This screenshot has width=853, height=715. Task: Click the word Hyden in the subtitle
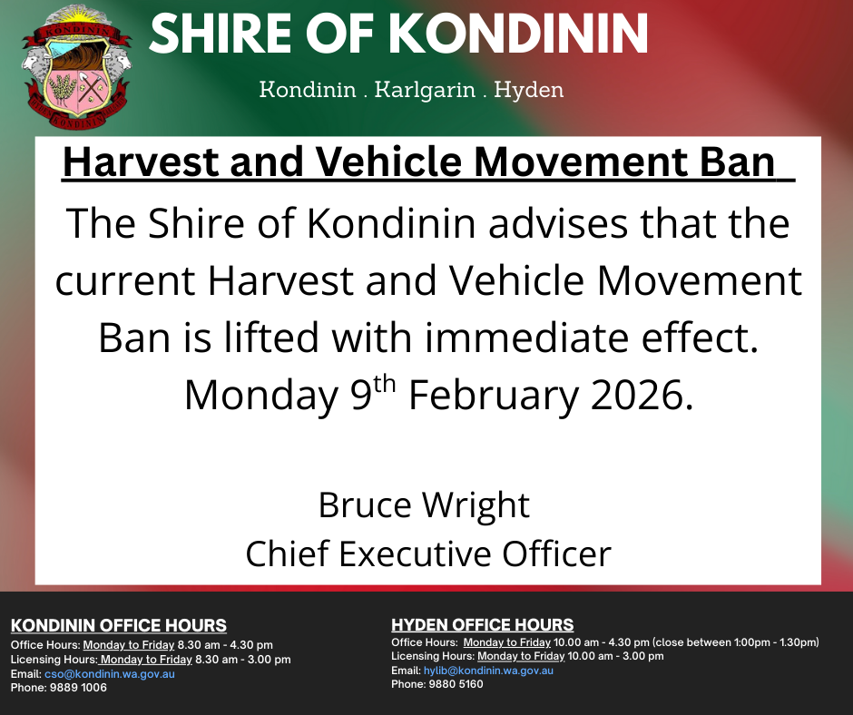click(x=531, y=90)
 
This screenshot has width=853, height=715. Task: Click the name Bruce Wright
click(x=424, y=504)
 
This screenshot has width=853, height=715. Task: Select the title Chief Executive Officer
click(x=428, y=553)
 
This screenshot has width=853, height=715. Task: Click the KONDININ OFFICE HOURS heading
click(x=119, y=626)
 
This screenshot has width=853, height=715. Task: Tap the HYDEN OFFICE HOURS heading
click(x=483, y=625)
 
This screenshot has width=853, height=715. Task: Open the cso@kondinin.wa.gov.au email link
click(x=109, y=674)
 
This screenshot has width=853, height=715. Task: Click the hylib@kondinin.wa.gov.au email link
click(x=488, y=671)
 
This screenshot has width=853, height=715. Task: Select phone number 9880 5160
click(x=456, y=684)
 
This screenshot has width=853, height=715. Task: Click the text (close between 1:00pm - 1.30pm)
click(x=735, y=642)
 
